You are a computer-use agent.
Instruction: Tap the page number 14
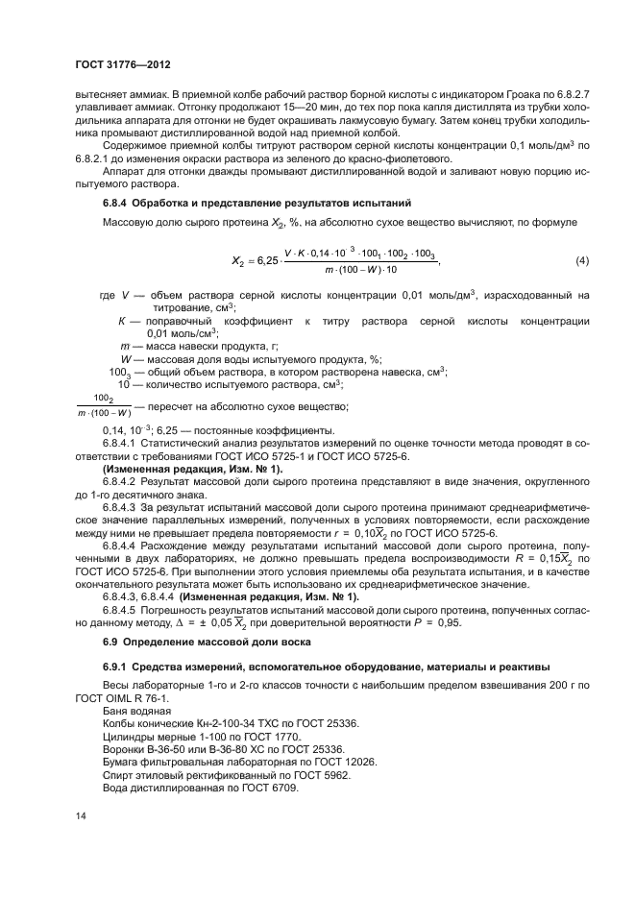(82, 814)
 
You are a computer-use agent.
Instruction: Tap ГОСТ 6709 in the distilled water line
(275, 787)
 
